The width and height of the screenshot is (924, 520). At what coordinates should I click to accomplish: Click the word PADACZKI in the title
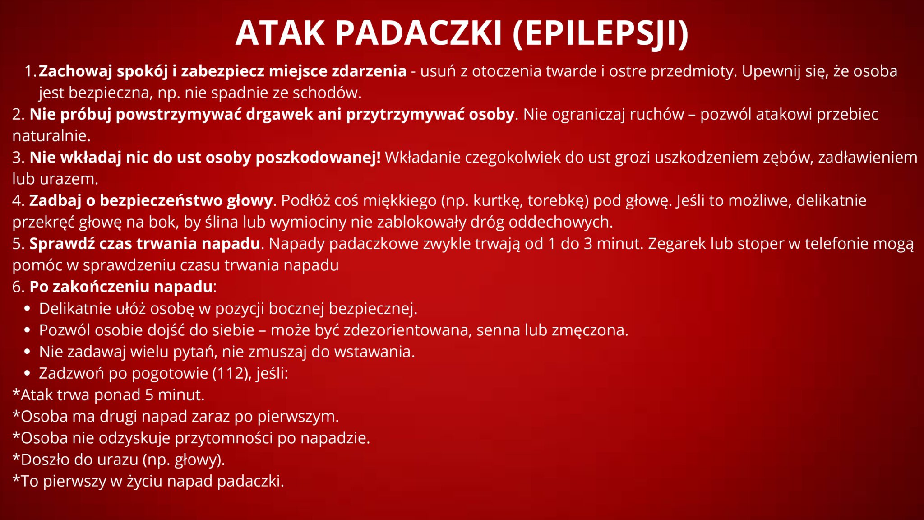[419, 33]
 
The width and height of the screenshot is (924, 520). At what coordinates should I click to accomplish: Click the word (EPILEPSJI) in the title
[601, 34]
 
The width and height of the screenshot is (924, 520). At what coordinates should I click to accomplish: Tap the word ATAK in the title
[280, 33]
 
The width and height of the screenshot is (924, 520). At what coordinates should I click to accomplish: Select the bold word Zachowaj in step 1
[75, 71]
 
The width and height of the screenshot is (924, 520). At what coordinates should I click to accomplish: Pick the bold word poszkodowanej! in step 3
[318, 158]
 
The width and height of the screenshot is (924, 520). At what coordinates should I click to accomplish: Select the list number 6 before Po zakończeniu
[17, 287]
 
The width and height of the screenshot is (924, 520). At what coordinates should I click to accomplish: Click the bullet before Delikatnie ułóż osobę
[28, 309]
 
